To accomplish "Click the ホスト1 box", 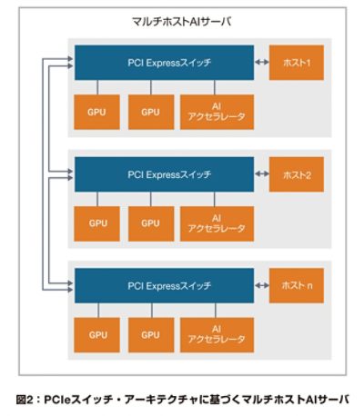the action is click(297, 63).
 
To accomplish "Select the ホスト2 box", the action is click(297, 174).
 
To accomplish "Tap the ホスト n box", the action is click(297, 285).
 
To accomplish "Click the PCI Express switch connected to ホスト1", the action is click(165, 63).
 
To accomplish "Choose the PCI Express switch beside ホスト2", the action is click(165, 174).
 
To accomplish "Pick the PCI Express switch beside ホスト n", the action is click(165, 285).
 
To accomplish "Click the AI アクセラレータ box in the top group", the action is click(217, 112).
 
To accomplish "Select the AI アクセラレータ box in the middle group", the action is click(217, 223).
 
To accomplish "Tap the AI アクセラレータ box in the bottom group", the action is click(217, 335).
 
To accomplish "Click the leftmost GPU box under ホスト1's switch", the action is click(96, 112).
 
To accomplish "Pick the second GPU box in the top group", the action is click(151, 112).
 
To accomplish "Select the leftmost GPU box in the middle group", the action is click(96, 223).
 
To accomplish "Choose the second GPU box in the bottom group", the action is click(151, 335).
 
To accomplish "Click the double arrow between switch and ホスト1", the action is click(262, 62).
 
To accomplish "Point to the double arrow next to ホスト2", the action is click(262, 173).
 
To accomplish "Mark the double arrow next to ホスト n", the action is click(262, 285).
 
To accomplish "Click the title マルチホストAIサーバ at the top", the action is click(181, 22).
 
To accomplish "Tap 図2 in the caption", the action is click(24, 400).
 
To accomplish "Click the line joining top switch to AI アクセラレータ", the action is click(215, 87).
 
